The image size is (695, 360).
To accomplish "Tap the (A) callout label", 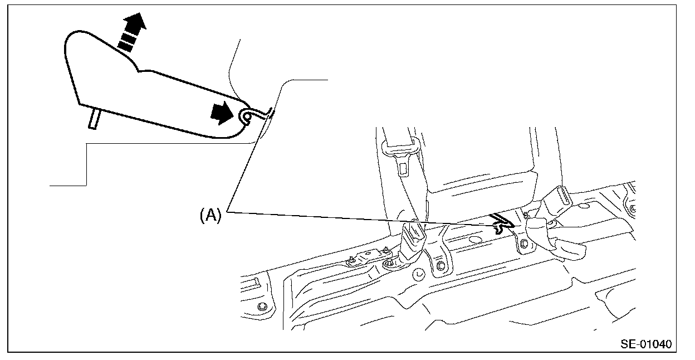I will (x=211, y=215).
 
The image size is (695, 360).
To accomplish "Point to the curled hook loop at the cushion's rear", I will (x=245, y=116).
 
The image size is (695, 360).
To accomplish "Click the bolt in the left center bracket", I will (x=440, y=265).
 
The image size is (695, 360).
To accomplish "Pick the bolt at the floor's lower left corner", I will (x=262, y=307).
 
